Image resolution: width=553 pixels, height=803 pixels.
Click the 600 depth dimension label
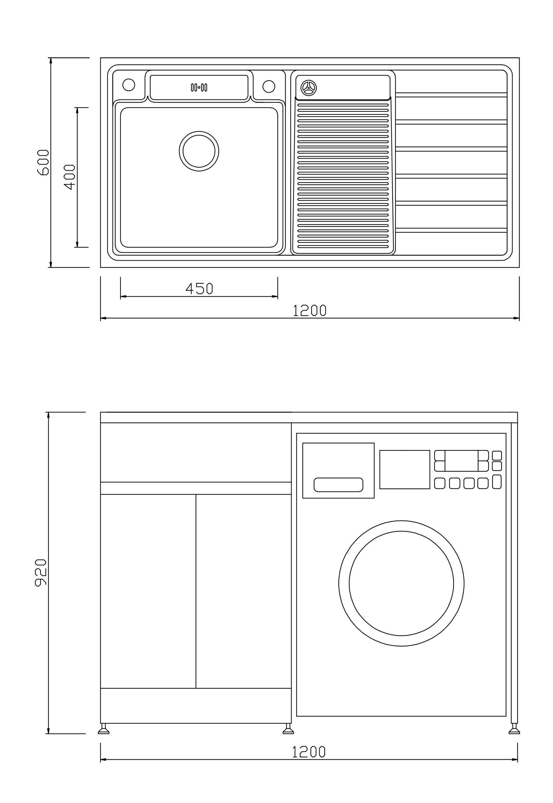point(43,163)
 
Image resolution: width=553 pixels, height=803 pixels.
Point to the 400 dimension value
point(70,177)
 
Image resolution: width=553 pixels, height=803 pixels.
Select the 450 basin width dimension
point(199,289)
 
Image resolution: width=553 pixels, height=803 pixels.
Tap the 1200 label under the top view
point(310,310)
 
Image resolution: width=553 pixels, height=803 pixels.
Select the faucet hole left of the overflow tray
point(129,85)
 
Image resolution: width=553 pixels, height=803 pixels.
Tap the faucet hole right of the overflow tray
point(269,86)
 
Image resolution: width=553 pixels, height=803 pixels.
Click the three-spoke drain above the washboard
point(308,87)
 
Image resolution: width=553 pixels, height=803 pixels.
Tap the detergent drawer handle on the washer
point(338,485)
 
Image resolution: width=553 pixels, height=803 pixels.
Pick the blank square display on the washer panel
point(405,469)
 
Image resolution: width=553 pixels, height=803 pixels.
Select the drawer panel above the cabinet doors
point(196,453)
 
